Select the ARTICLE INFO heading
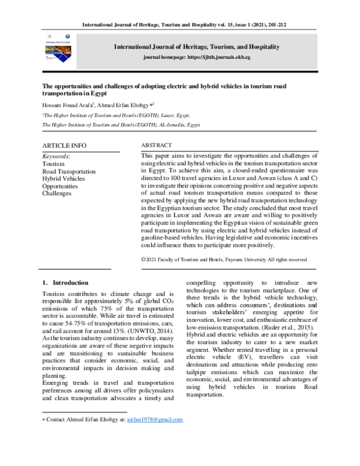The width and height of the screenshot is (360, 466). [x=64, y=146]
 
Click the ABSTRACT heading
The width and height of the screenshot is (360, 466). [x=156, y=145]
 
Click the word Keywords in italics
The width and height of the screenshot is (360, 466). [x=56, y=156]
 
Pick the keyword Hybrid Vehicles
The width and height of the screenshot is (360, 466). [x=64, y=179]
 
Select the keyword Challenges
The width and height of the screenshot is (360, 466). [x=57, y=195]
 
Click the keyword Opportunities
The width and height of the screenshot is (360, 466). [x=60, y=187]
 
